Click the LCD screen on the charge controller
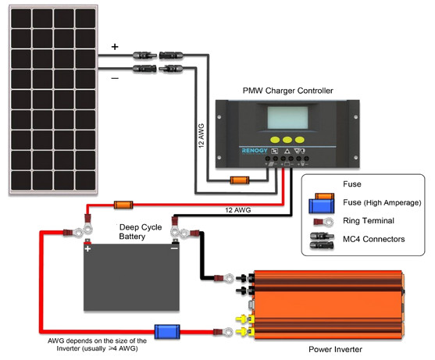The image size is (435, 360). point(287,118)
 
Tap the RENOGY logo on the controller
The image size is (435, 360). point(255,151)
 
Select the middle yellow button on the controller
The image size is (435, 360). point(287,140)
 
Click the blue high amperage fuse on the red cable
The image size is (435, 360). point(167,332)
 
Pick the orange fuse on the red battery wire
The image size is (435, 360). point(123,205)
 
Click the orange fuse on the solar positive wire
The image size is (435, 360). point(240,180)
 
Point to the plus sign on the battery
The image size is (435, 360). point(87,248)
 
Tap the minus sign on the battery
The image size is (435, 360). point(174,248)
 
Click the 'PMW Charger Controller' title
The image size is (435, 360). point(287,91)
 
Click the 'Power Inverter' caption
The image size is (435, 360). point(335,349)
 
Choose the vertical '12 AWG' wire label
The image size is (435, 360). point(201,136)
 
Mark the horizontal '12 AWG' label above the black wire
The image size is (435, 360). point(237,210)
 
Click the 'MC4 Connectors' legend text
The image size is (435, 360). point(373,239)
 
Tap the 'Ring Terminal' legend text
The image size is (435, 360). point(369,220)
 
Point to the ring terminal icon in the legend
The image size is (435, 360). point(323,222)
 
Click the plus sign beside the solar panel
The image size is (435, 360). point(115,47)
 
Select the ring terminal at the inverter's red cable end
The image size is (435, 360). point(223,332)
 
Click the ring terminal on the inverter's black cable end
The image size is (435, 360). point(224,278)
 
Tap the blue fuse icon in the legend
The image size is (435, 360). point(322,205)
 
